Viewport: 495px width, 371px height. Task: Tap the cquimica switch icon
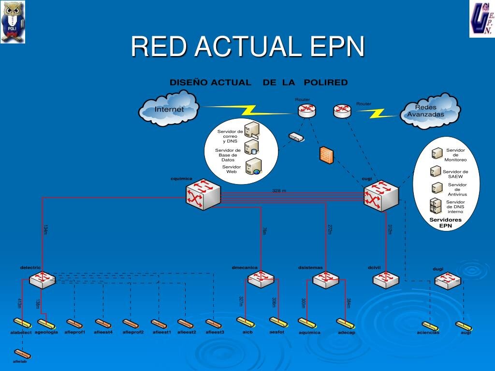pos(203,195)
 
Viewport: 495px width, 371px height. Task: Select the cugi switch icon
pos(381,195)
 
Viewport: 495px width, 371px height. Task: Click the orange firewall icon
pos(326,155)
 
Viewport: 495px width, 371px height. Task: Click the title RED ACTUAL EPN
pos(247,46)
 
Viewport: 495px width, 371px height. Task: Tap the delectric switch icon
pos(42,279)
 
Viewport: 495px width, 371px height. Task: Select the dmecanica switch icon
pos(261,278)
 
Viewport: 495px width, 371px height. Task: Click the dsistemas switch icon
pos(325,279)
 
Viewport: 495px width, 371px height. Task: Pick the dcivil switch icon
pos(386,279)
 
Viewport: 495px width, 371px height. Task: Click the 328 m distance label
pos(279,191)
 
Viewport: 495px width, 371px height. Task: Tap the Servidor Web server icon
pos(254,166)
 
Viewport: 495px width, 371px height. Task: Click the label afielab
pos(20,361)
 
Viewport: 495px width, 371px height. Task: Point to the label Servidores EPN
pos(445,222)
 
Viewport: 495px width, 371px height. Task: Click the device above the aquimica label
pos(306,322)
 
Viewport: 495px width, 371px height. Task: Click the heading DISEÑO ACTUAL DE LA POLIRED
pos(259,83)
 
